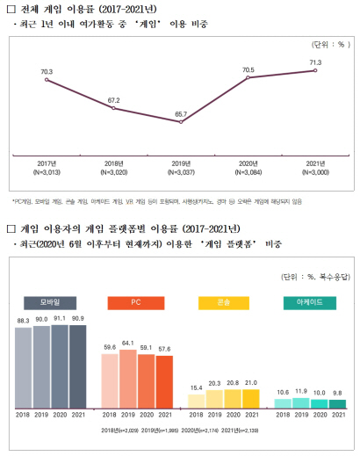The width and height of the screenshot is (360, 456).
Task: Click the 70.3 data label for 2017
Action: [x=47, y=70]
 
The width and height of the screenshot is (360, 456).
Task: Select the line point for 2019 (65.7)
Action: [x=180, y=121]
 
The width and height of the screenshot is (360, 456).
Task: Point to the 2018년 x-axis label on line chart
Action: [x=113, y=164]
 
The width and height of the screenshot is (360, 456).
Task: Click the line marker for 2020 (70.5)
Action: [x=248, y=78]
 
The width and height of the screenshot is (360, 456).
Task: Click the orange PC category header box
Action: [x=135, y=303]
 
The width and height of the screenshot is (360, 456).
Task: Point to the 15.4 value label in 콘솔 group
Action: [x=197, y=387]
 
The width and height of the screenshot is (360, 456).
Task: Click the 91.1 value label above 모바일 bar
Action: [x=60, y=319]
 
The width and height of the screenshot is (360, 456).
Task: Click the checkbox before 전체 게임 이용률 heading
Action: [x=11, y=8]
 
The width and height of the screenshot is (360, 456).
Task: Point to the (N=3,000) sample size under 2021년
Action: [x=315, y=173]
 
